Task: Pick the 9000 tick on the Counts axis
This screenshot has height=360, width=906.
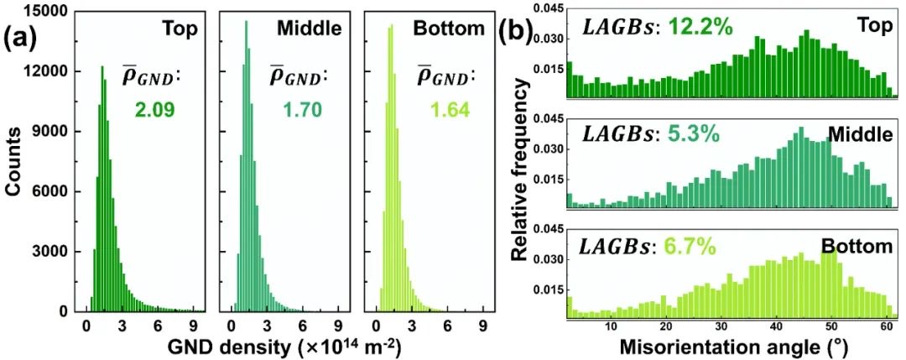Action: [x=55, y=131]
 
